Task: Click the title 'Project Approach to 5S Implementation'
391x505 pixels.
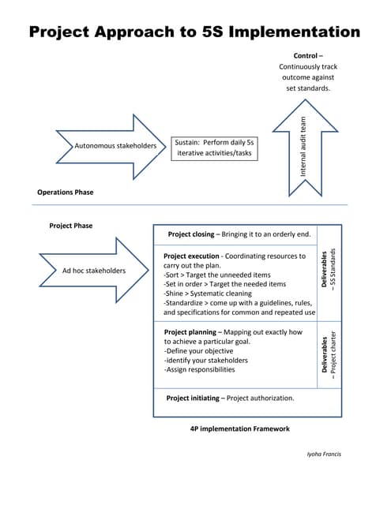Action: [x=194, y=32]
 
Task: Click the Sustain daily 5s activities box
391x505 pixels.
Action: [x=213, y=148]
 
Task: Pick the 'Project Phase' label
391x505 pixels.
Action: [x=70, y=226]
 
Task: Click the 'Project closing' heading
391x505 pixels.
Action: [x=190, y=234]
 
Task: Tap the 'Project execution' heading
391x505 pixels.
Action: [x=191, y=256]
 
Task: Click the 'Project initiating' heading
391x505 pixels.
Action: [x=194, y=398]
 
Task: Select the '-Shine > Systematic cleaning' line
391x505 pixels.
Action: [x=208, y=294]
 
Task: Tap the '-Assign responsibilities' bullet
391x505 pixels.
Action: [x=199, y=369]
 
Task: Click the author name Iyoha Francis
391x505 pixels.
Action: [x=323, y=454]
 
